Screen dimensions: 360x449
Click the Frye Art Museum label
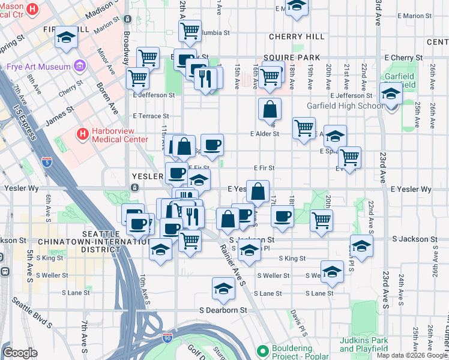[x=34, y=67]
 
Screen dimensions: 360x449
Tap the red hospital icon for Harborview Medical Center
[x=82, y=133]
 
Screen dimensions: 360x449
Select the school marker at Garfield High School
[x=391, y=94]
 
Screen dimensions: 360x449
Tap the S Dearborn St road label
[x=223, y=310]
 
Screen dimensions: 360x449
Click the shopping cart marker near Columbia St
[x=190, y=31]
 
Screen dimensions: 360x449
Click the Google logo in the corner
[x=20, y=353]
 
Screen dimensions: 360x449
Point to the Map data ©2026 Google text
[x=411, y=355]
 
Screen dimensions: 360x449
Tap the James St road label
[x=59, y=113]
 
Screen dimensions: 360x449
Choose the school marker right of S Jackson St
[x=361, y=246]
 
